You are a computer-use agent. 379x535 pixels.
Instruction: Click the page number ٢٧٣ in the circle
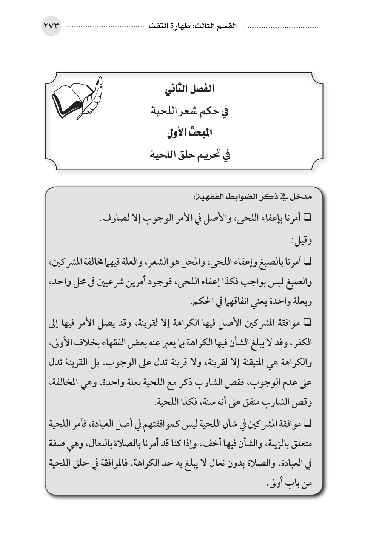coord(51,26)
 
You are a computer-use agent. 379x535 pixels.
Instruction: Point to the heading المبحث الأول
coord(189,133)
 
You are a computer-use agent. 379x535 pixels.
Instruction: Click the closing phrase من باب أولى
coord(291,483)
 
